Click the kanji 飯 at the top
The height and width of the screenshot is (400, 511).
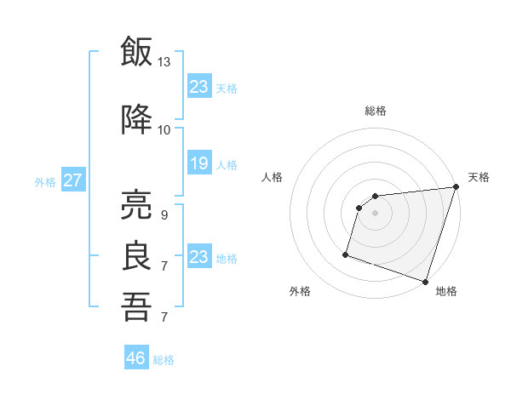click(136, 52)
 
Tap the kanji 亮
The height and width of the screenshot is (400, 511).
click(136, 205)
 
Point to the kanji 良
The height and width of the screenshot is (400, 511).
click(136, 256)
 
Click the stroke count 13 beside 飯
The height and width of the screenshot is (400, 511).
click(164, 62)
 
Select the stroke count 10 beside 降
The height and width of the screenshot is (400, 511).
click(164, 130)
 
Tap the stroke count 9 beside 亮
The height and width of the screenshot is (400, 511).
click(164, 215)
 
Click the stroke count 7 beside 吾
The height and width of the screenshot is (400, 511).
click(164, 317)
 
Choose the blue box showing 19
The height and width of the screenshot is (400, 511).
click(198, 163)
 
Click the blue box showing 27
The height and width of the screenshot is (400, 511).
click(73, 180)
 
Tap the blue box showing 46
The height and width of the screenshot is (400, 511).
click(136, 358)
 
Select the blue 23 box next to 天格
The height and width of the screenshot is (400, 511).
click(198, 87)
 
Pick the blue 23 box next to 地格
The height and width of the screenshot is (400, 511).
click(198, 257)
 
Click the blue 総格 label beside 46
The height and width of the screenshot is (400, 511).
click(164, 360)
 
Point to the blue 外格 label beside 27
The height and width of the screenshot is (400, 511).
click(45, 181)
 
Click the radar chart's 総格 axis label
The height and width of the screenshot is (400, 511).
click(375, 111)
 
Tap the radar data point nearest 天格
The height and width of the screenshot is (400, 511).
click(455, 187)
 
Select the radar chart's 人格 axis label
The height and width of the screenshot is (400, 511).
click(272, 177)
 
